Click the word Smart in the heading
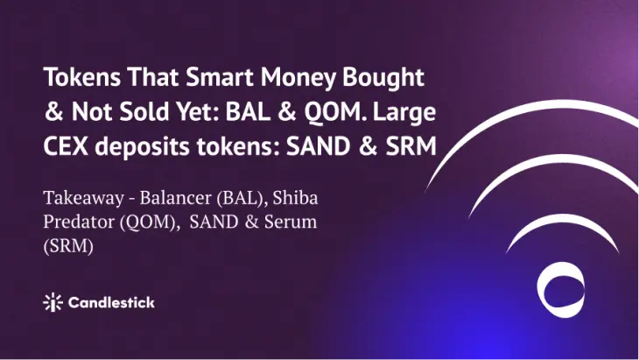[x=220, y=77]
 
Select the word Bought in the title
[x=383, y=78]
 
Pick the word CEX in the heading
[x=66, y=146]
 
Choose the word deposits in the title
[x=142, y=147]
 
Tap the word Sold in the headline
[x=144, y=112]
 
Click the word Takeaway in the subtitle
[x=83, y=199]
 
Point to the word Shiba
[x=295, y=198]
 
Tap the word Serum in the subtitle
[x=290, y=222]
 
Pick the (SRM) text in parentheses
[x=68, y=246]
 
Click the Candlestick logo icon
[x=53, y=302]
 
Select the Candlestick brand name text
[x=111, y=302]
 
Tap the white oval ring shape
[x=540, y=290]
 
